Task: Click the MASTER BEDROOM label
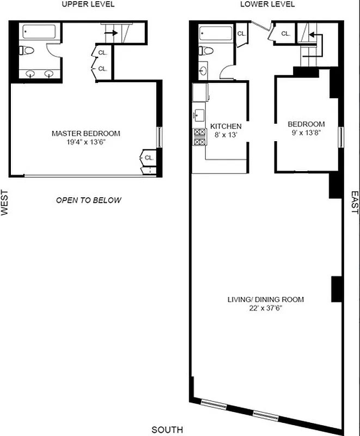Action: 86,134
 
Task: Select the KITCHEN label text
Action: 225,126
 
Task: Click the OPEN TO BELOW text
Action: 89,200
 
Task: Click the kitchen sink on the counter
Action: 199,115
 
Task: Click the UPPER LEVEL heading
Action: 88,4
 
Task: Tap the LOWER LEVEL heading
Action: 267,4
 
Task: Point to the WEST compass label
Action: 5,203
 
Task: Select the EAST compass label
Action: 355,203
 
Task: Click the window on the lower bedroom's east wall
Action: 341,137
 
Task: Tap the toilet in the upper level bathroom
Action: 27,51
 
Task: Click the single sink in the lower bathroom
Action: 203,70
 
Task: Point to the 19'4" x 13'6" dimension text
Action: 86,143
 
